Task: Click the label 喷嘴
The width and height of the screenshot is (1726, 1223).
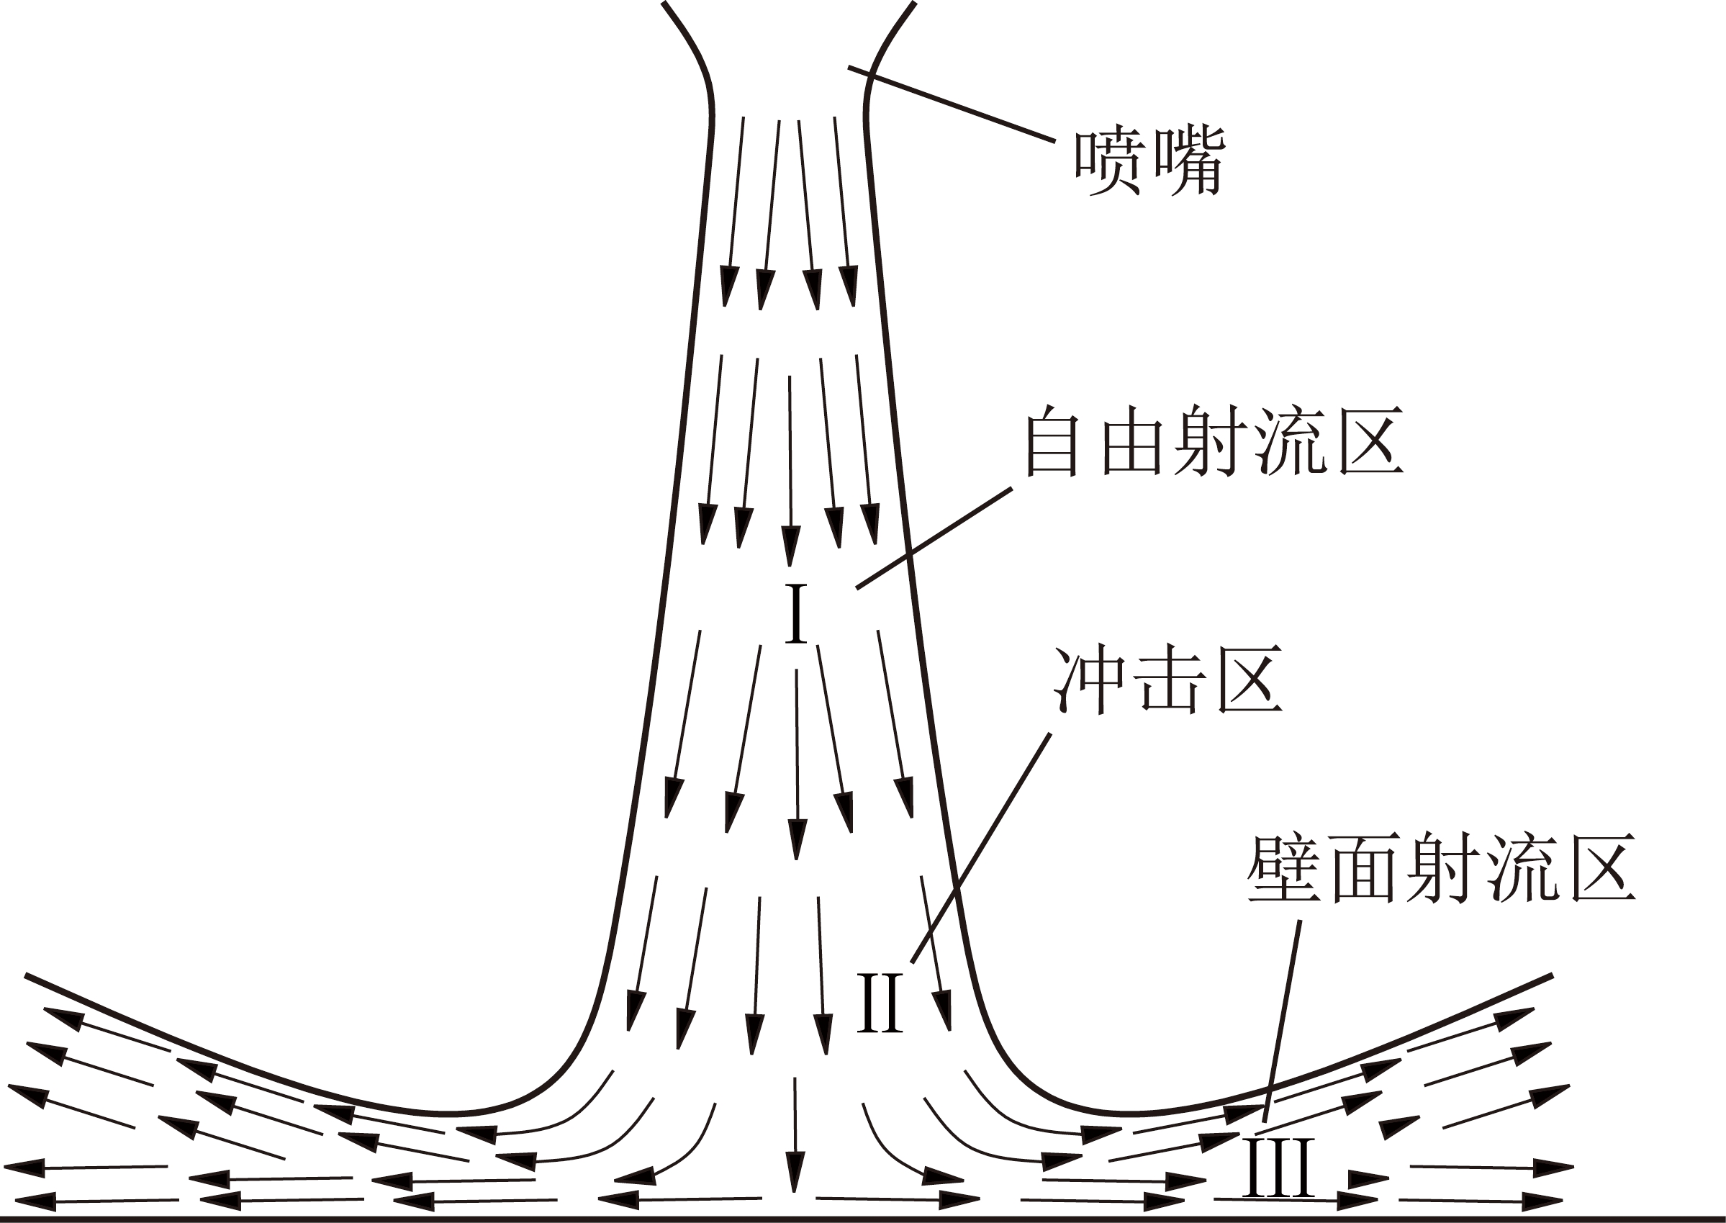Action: (x=1149, y=162)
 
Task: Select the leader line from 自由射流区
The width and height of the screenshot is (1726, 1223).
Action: (x=934, y=538)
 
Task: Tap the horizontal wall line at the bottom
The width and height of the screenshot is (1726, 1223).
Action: (x=863, y=1218)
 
